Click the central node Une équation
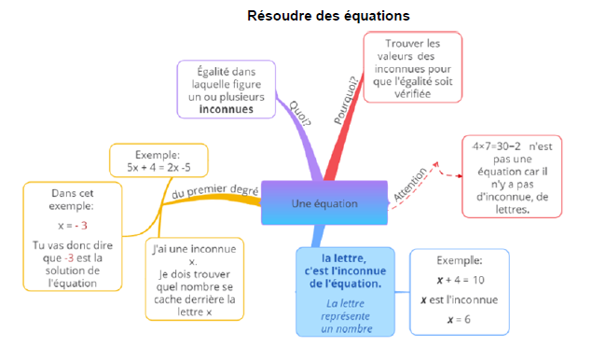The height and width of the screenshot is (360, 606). tap(324, 203)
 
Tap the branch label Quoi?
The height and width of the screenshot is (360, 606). tap(299, 112)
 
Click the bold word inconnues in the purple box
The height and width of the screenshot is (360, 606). tap(226, 108)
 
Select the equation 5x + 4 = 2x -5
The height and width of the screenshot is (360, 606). tap(159, 168)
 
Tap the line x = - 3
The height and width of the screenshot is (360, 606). tap(72, 226)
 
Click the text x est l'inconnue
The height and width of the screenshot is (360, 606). tap(458, 299)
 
